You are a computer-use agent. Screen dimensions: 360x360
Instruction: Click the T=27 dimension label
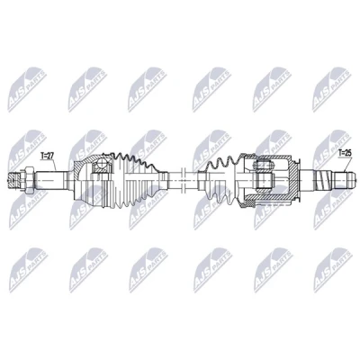coord(48,156)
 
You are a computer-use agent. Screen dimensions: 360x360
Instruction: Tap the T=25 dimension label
coord(344,153)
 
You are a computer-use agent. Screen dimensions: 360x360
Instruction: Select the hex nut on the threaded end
coord(28,180)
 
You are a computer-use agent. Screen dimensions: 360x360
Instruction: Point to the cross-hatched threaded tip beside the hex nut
coord(13,180)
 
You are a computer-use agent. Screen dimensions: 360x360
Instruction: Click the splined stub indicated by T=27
coord(51,180)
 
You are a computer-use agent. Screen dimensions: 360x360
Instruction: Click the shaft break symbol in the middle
coord(183,180)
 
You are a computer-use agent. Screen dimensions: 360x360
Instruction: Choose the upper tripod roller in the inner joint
coord(264,166)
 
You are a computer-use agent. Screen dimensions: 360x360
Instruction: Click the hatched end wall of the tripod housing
coord(293,179)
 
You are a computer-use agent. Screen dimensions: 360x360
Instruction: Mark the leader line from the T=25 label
coord(347,164)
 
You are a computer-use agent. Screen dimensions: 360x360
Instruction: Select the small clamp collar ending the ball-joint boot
coord(165,179)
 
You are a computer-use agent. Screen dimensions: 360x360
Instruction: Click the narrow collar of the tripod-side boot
coord(201,179)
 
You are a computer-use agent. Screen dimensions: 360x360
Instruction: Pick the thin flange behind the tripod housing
coord(300,180)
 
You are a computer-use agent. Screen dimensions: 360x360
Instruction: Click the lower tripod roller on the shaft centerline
coord(264,180)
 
